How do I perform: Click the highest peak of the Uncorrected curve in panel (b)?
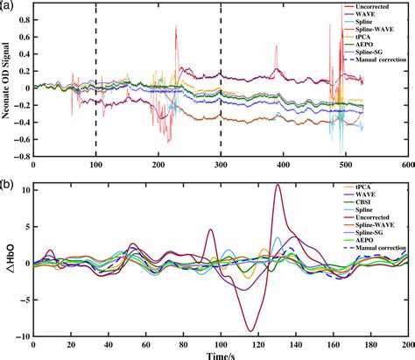278,185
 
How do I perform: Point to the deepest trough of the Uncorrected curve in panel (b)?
251,330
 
